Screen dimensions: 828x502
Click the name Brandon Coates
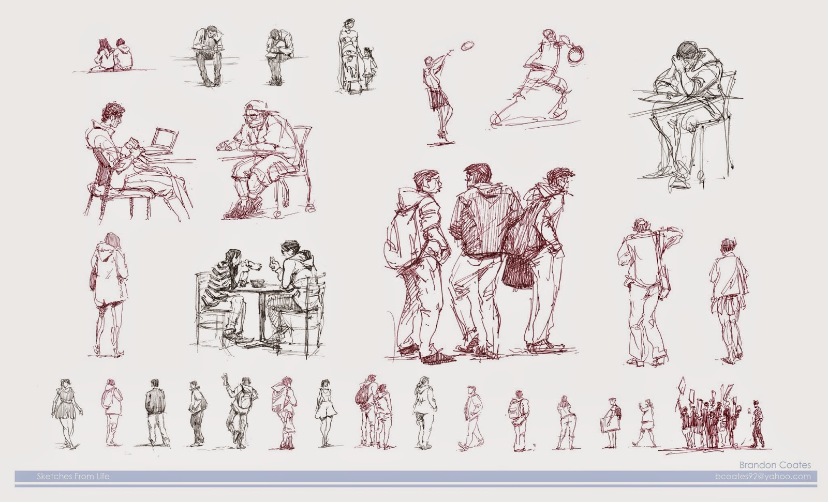pos(775,465)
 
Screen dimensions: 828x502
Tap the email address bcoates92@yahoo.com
pos(763,477)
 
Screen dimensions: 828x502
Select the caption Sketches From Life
pos(73,477)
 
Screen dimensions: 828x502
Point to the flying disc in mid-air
pos(468,46)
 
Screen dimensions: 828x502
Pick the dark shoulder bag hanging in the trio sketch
pos(518,271)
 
